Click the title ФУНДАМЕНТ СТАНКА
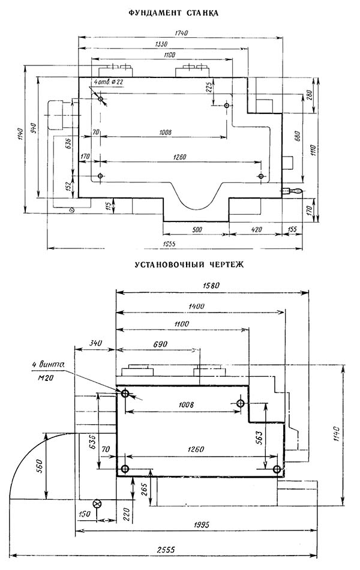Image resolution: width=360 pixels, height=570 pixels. coord(174,13)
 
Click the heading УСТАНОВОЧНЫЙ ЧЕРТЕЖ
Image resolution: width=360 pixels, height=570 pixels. coord(189,264)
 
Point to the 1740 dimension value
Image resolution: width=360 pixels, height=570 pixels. coord(181,33)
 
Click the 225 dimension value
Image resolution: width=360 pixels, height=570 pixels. coord(209,88)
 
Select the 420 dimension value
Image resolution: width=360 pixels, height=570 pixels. coord(256,230)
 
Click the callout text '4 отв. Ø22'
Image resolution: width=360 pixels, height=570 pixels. coord(108,82)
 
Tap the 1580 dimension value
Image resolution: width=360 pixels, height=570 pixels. coord(211,286)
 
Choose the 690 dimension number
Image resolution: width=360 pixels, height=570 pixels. coord(160,344)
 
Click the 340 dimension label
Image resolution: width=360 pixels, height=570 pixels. coord(95,343)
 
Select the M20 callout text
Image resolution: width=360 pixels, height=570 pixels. coord(46,378)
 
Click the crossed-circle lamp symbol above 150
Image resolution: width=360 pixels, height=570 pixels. coord(97,503)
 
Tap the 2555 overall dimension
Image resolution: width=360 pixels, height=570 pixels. coord(166,549)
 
